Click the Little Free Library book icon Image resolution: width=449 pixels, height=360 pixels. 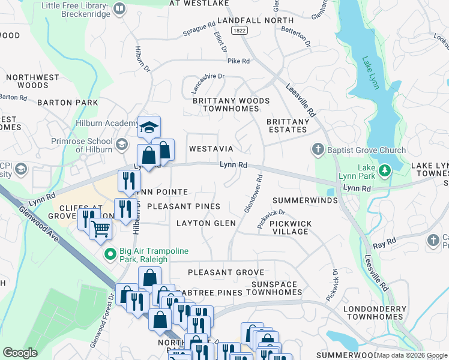click(119, 8)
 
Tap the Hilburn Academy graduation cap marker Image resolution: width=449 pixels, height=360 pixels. click(149, 127)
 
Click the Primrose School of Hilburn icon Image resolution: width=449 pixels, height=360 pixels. click(122, 144)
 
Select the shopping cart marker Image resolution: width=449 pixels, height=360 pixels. click(101, 229)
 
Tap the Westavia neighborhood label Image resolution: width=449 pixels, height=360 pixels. click(211, 148)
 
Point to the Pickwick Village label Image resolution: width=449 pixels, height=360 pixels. click(291, 227)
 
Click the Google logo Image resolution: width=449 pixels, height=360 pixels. click(20, 352)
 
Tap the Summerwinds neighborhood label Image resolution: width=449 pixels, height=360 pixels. click(305, 200)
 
